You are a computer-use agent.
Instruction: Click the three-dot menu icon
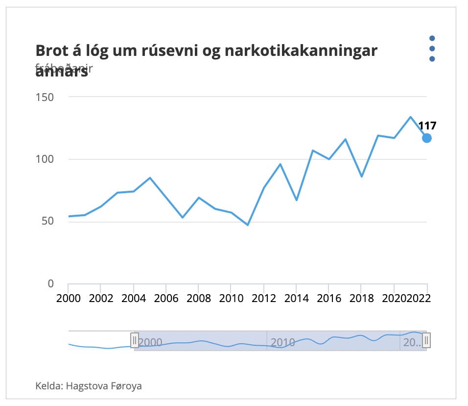click(x=432, y=49)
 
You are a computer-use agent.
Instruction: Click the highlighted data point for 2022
click(x=427, y=138)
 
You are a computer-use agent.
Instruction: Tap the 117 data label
click(x=427, y=126)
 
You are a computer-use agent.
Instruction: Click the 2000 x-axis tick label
click(x=68, y=298)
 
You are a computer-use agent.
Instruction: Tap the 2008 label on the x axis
click(x=198, y=298)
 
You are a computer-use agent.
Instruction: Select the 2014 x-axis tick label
click(x=296, y=298)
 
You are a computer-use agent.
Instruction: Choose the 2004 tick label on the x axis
click(x=133, y=298)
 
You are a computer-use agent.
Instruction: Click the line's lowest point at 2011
click(x=248, y=225)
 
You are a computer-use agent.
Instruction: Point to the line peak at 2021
click(x=410, y=117)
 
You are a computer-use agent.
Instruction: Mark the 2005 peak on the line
click(x=150, y=178)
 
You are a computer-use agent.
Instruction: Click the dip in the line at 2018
click(x=361, y=177)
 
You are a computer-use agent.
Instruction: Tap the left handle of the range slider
click(x=135, y=340)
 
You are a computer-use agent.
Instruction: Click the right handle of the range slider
click(x=426, y=340)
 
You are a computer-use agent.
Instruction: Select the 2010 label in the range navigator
click(x=283, y=342)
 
